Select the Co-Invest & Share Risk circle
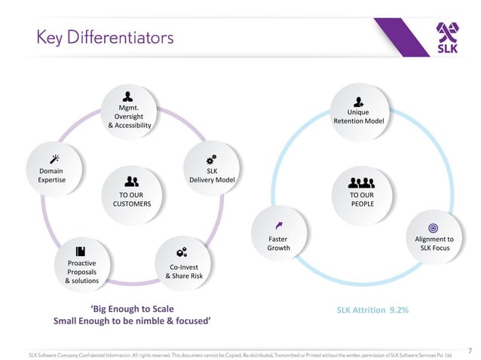183,264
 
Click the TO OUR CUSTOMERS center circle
132,194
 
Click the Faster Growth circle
278,235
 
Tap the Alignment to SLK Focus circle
433,236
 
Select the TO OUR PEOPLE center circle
362,194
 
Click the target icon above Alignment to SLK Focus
433,227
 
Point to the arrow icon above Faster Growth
279,225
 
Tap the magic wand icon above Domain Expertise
53,160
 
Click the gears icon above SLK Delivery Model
212,160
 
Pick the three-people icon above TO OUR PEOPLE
362,182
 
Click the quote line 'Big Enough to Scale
132,309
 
